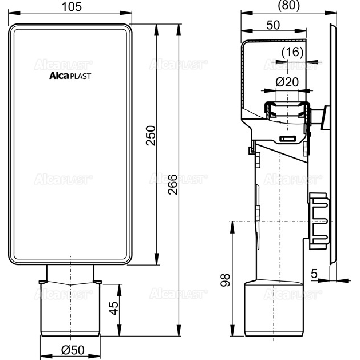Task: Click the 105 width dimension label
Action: (72, 7)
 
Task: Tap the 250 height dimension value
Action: (151, 136)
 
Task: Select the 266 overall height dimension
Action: (172, 185)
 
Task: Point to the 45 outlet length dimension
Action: (113, 308)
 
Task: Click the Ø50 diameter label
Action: (73, 350)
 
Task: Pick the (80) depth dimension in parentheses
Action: (289, 5)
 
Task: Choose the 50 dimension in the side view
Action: (273, 25)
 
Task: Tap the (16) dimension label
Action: (292, 52)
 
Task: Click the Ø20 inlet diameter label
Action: (287, 82)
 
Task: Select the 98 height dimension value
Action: (225, 280)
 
